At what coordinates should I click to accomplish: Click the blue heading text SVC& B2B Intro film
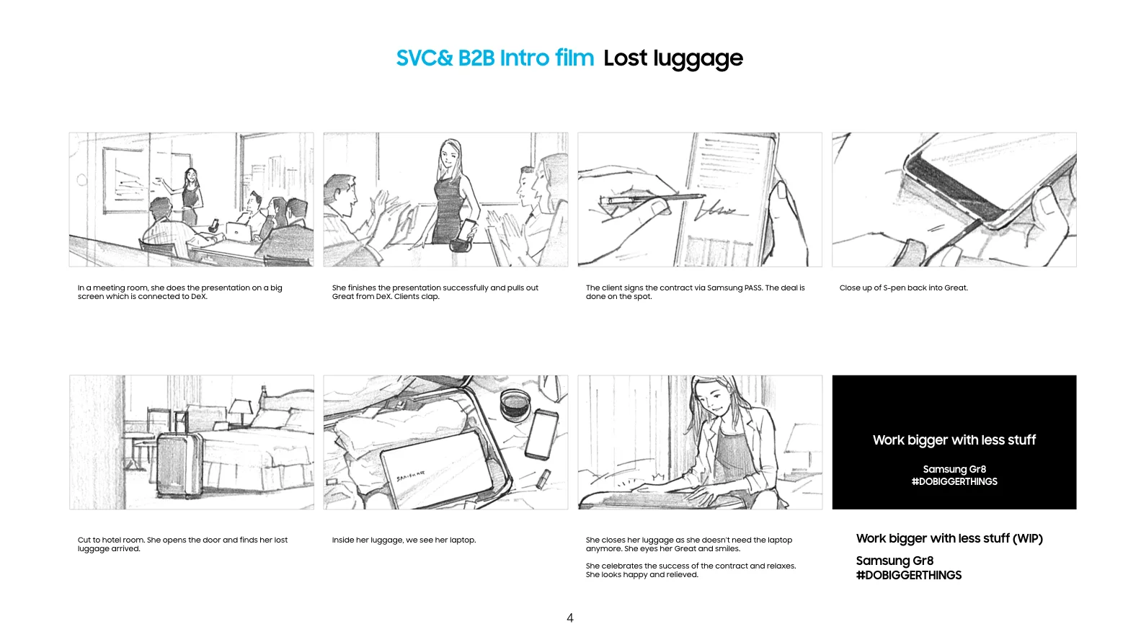click(494, 58)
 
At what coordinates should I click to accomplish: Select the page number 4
click(570, 618)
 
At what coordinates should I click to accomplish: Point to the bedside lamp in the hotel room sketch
click(241, 411)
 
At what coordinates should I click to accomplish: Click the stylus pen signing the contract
click(653, 199)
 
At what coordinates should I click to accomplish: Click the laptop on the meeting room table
click(239, 231)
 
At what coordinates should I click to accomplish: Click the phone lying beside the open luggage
click(542, 434)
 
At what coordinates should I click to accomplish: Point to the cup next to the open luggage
click(515, 405)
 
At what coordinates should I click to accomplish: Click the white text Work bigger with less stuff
click(954, 440)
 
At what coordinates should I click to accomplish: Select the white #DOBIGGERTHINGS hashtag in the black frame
click(954, 481)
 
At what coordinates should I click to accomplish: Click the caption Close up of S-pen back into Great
click(904, 287)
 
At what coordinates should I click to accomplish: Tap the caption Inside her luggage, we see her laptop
click(404, 540)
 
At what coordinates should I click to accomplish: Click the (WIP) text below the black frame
click(1028, 539)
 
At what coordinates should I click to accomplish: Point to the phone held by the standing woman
click(467, 230)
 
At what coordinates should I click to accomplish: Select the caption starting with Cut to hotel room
click(182, 544)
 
